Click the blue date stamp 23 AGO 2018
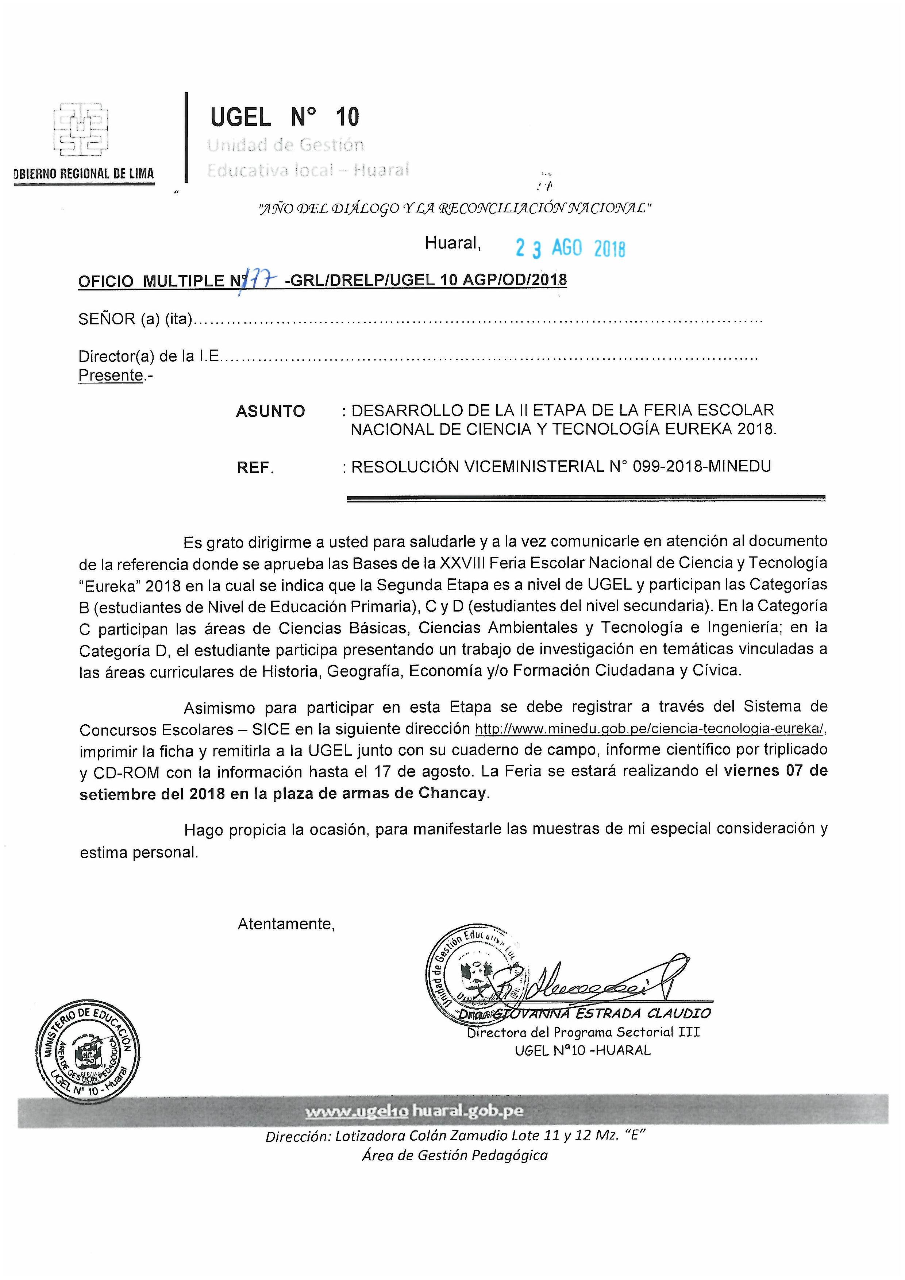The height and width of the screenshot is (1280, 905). pos(570,248)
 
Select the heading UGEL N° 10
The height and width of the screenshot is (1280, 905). pos(284,117)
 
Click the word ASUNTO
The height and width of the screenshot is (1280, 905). pos(270,412)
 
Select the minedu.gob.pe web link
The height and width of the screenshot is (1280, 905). pos(650,729)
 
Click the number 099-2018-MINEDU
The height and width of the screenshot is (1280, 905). pos(701,467)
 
